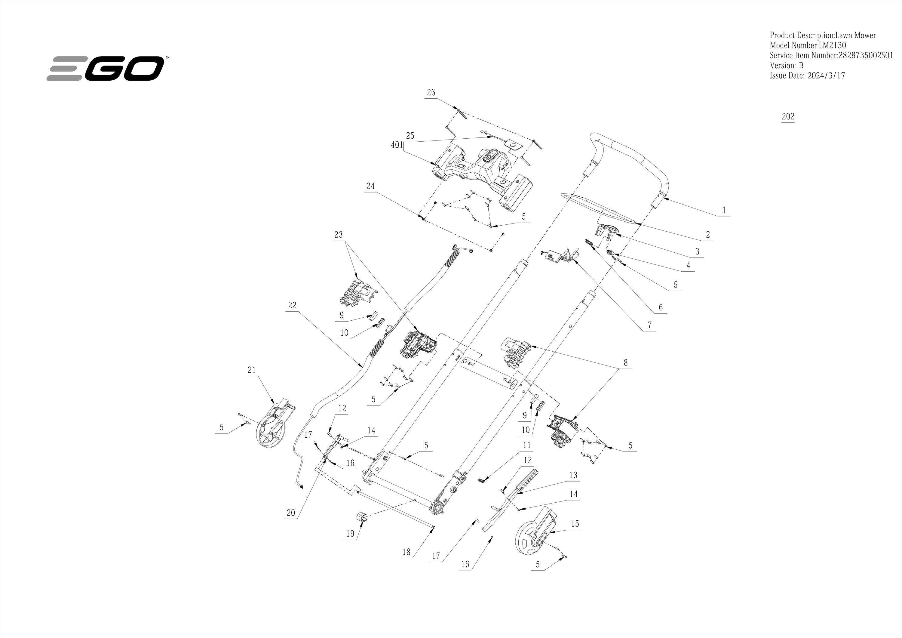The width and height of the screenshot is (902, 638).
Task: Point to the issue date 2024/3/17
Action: [x=826, y=76]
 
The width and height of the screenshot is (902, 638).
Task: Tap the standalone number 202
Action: [x=788, y=116]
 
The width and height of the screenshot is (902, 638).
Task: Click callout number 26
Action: [x=431, y=92]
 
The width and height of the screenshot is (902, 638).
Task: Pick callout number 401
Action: [x=397, y=145]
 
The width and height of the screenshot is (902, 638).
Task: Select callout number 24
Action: [x=370, y=186]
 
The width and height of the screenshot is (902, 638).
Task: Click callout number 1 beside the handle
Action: [x=724, y=210]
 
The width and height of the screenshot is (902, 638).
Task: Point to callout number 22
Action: [x=292, y=305]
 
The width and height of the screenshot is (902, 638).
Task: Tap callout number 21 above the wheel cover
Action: [x=252, y=370]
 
